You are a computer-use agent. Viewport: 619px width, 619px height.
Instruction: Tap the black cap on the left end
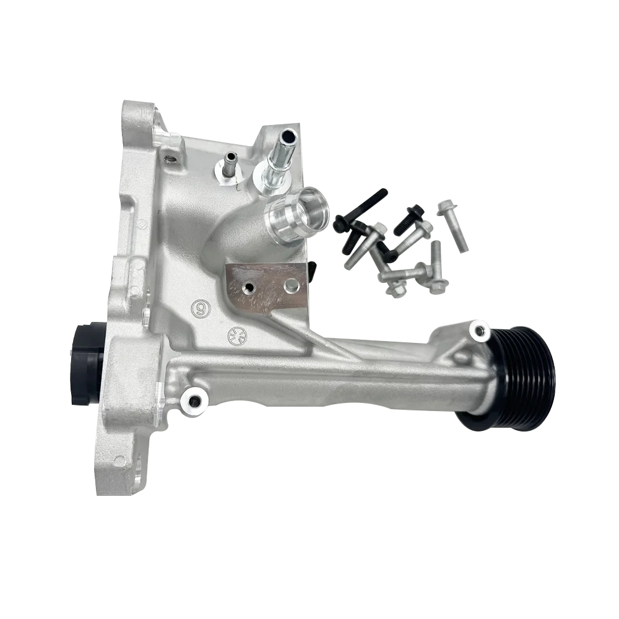[85, 363]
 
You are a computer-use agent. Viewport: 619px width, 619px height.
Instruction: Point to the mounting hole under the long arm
[193, 402]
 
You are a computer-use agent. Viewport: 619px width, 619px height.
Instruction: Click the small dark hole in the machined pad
[249, 288]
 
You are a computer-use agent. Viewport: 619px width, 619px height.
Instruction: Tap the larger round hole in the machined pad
[289, 286]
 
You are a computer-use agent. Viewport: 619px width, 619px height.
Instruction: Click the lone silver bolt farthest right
[452, 225]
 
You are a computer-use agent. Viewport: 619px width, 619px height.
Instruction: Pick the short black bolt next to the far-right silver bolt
[409, 219]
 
